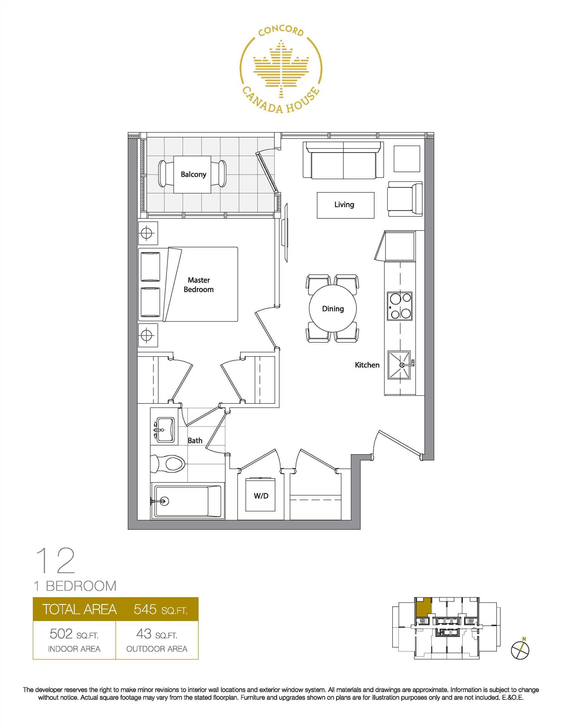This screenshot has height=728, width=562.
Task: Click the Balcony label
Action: [193, 174]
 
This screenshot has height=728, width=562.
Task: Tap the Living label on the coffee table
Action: [344, 205]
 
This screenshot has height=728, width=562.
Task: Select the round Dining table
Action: [333, 308]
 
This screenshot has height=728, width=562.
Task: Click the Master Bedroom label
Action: [199, 285]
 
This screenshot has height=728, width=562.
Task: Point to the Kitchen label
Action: [367, 365]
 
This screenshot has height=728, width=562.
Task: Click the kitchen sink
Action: [399, 365]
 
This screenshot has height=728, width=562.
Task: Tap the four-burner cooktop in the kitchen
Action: [400, 306]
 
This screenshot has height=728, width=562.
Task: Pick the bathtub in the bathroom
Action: [188, 501]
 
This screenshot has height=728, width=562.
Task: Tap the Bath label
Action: [195, 441]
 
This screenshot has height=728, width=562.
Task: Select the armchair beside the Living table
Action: [405, 199]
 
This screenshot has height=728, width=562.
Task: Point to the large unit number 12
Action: [56, 560]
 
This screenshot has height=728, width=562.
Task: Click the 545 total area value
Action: [145, 609]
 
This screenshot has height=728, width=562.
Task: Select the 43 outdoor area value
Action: [144, 634]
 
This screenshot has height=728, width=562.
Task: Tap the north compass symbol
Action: [520, 650]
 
